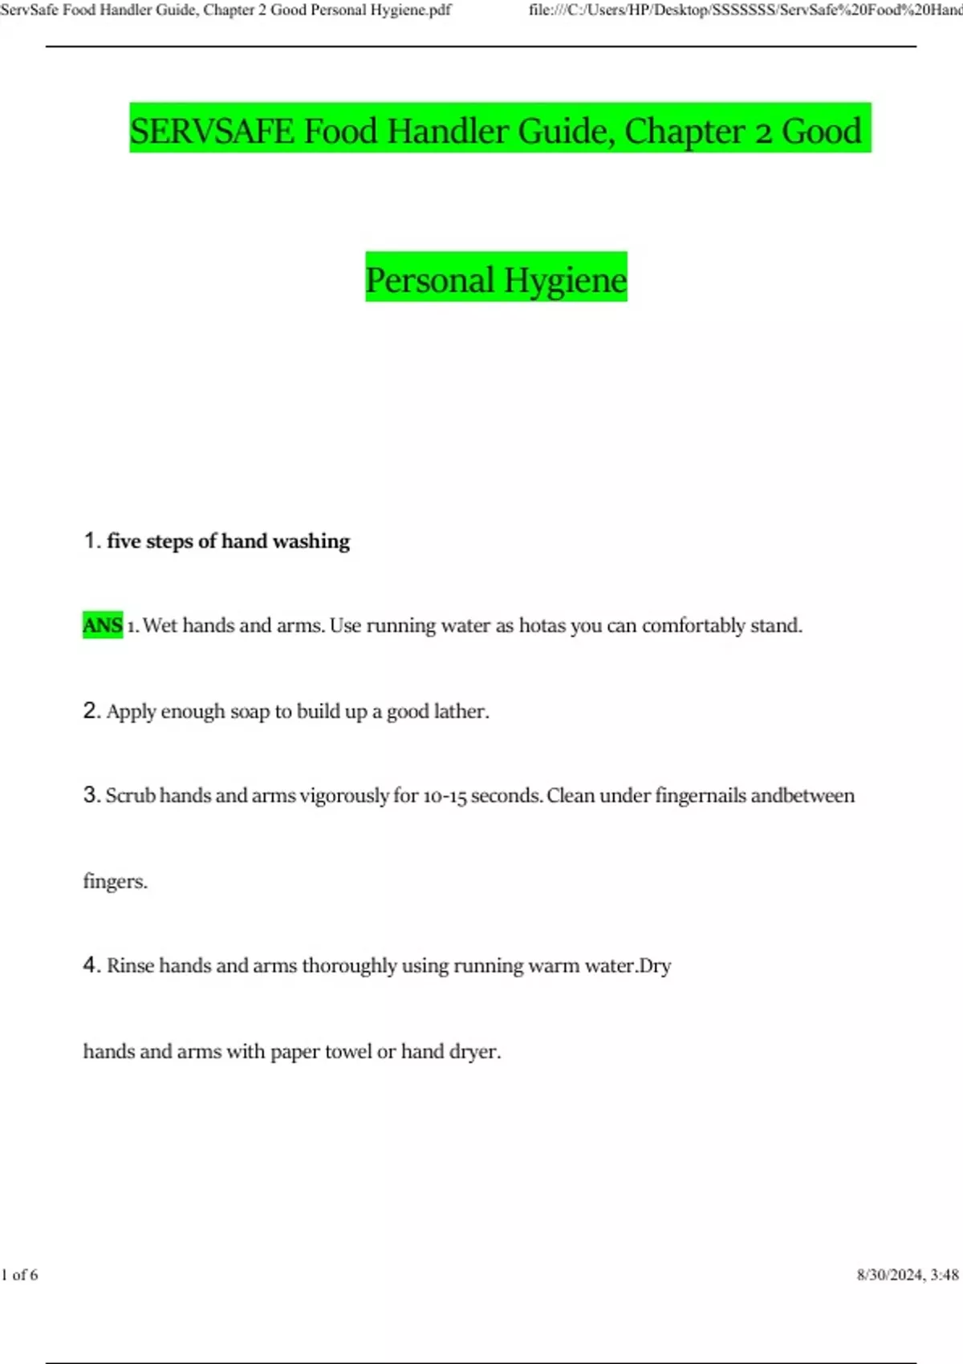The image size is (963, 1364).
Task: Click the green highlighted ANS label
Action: [103, 625]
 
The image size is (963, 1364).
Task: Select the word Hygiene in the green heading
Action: [565, 280]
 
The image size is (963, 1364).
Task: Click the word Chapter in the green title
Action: [685, 131]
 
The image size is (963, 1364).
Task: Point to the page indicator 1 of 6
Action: [20, 1275]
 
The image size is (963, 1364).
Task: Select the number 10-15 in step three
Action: [445, 796]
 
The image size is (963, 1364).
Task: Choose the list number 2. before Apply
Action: [91, 711]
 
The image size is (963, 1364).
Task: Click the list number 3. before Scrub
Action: [91, 795]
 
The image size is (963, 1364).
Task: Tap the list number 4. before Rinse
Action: [91, 965]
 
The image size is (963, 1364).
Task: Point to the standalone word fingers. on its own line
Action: [115, 881]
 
